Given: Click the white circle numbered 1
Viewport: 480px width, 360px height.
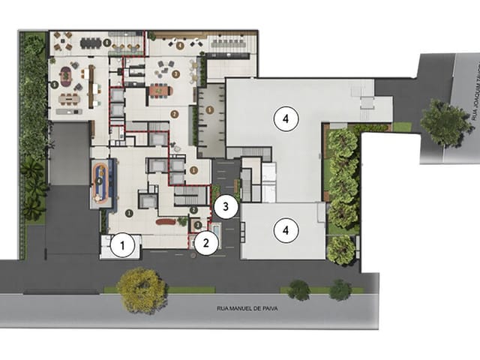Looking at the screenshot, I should [124, 244].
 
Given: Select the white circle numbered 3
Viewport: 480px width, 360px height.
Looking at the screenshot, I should [225, 205].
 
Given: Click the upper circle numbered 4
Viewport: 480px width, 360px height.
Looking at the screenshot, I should [286, 118].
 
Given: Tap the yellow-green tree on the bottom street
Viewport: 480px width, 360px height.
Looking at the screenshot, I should [142, 289].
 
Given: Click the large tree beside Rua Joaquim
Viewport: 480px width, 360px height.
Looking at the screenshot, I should [446, 123].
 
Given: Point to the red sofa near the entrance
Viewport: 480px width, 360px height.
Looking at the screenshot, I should [162, 221].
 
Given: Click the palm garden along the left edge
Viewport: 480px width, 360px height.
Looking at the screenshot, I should [32, 180].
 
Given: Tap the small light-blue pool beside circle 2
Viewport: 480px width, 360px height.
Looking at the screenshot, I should [217, 228].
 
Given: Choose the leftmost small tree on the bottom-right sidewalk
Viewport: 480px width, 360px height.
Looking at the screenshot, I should [299, 289].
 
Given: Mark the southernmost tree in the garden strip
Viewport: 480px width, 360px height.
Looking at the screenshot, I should [341, 250].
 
